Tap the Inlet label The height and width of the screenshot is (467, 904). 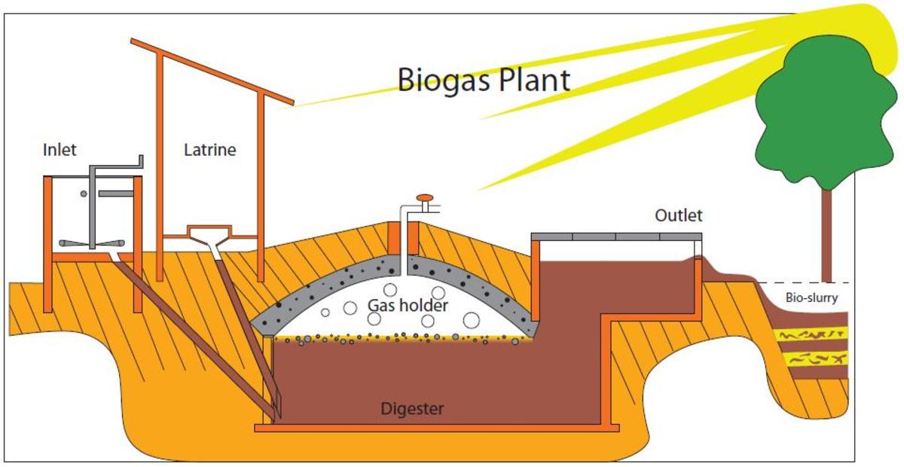point(60,150)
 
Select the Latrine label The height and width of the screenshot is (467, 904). point(209,150)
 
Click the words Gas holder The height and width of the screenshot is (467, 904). point(408,306)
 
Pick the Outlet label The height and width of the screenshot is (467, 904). point(678,216)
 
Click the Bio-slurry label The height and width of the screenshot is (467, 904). point(811,298)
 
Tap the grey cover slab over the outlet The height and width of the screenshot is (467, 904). point(616,237)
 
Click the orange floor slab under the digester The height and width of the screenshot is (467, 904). point(437,428)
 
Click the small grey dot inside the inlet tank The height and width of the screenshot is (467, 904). point(84,194)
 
